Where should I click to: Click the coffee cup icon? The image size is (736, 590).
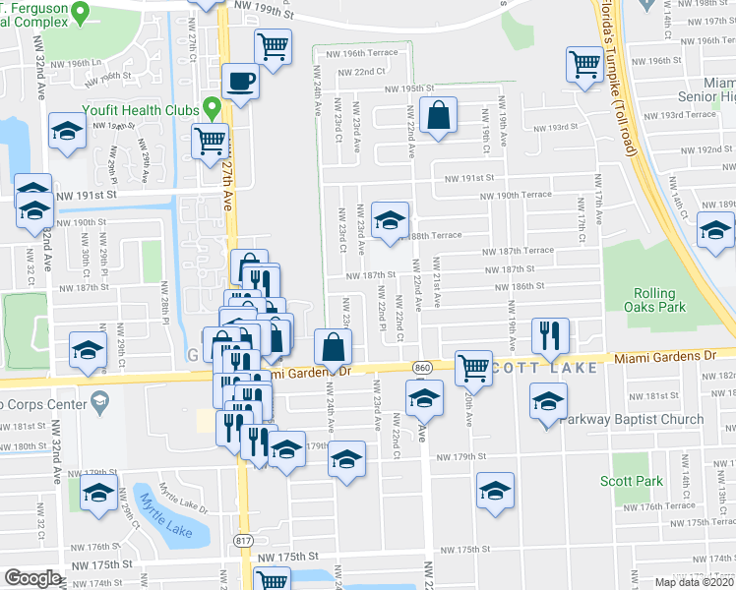click(240, 82)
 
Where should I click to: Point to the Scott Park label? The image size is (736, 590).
click(632, 481)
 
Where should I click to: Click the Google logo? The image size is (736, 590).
click(32, 578)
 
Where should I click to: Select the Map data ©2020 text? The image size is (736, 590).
click(694, 582)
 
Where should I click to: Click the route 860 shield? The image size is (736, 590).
click(422, 366)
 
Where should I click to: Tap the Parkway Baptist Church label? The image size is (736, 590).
click(634, 419)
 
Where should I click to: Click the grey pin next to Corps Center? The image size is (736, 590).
click(98, 401)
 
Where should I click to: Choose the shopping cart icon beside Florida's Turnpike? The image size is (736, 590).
click(585, 66)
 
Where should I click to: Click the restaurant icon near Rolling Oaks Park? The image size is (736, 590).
click(549, 335)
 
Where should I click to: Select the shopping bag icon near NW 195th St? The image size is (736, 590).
click(438, 115)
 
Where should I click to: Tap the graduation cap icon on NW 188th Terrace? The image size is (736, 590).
click(391, 222)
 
